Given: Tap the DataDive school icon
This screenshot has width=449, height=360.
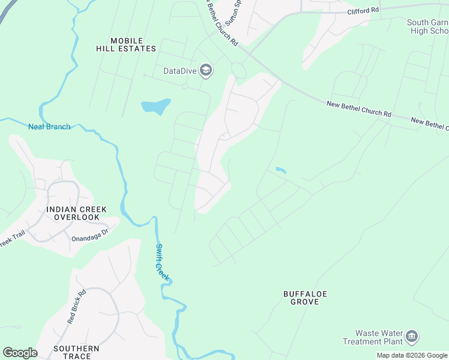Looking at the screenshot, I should click(x=206, y=71).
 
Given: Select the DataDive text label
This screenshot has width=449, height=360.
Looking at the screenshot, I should click(x=180, y=71).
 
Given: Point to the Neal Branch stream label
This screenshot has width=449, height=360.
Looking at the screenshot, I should click(x=49, y=127).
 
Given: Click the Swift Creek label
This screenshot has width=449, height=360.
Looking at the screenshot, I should click(x=163, y=262).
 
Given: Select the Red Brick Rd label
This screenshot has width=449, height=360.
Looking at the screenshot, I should click(x=76, y=307).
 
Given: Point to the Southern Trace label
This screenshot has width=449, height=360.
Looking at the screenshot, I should click(x=76, y=352).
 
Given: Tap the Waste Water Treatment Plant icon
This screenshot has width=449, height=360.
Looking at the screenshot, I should click(x=412, y=337).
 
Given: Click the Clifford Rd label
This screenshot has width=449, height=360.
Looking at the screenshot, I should click(x=363, y=11).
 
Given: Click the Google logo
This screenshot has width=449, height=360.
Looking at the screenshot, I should click(x=20, y=352).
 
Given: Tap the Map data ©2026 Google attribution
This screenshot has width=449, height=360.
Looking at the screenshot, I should click(x=412, y=355).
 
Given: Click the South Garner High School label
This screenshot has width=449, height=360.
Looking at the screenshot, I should click(x=427, y=26).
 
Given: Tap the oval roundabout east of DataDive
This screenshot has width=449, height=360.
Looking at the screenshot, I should click(x=238, y=71).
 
